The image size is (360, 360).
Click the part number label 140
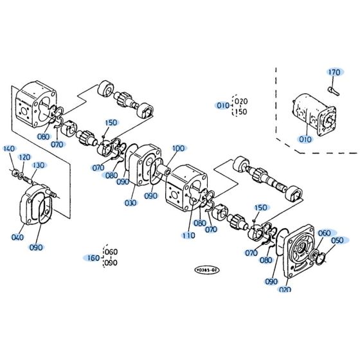pyautogui.click(x=8, y=149)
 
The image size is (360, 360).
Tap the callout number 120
pyautogui.click(x=24, y=157)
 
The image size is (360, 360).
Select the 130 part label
pyautogui.click(x=39, y=165)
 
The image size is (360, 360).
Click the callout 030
pyautogui.click(x=131, y=204)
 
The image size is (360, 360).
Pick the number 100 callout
pyautogui.click(x=178, y=148)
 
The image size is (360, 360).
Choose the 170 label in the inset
pyautogui.click(x=334, y=72)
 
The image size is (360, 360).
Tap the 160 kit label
pyautogui.click(x=93, y=258)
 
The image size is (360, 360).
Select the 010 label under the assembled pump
pyautogui.click(x=303, y=138)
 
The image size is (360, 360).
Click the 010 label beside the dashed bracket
pyautogui.click(x=222, y=105)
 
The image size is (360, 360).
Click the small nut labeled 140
pyautogui.click(x=14, y=171)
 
